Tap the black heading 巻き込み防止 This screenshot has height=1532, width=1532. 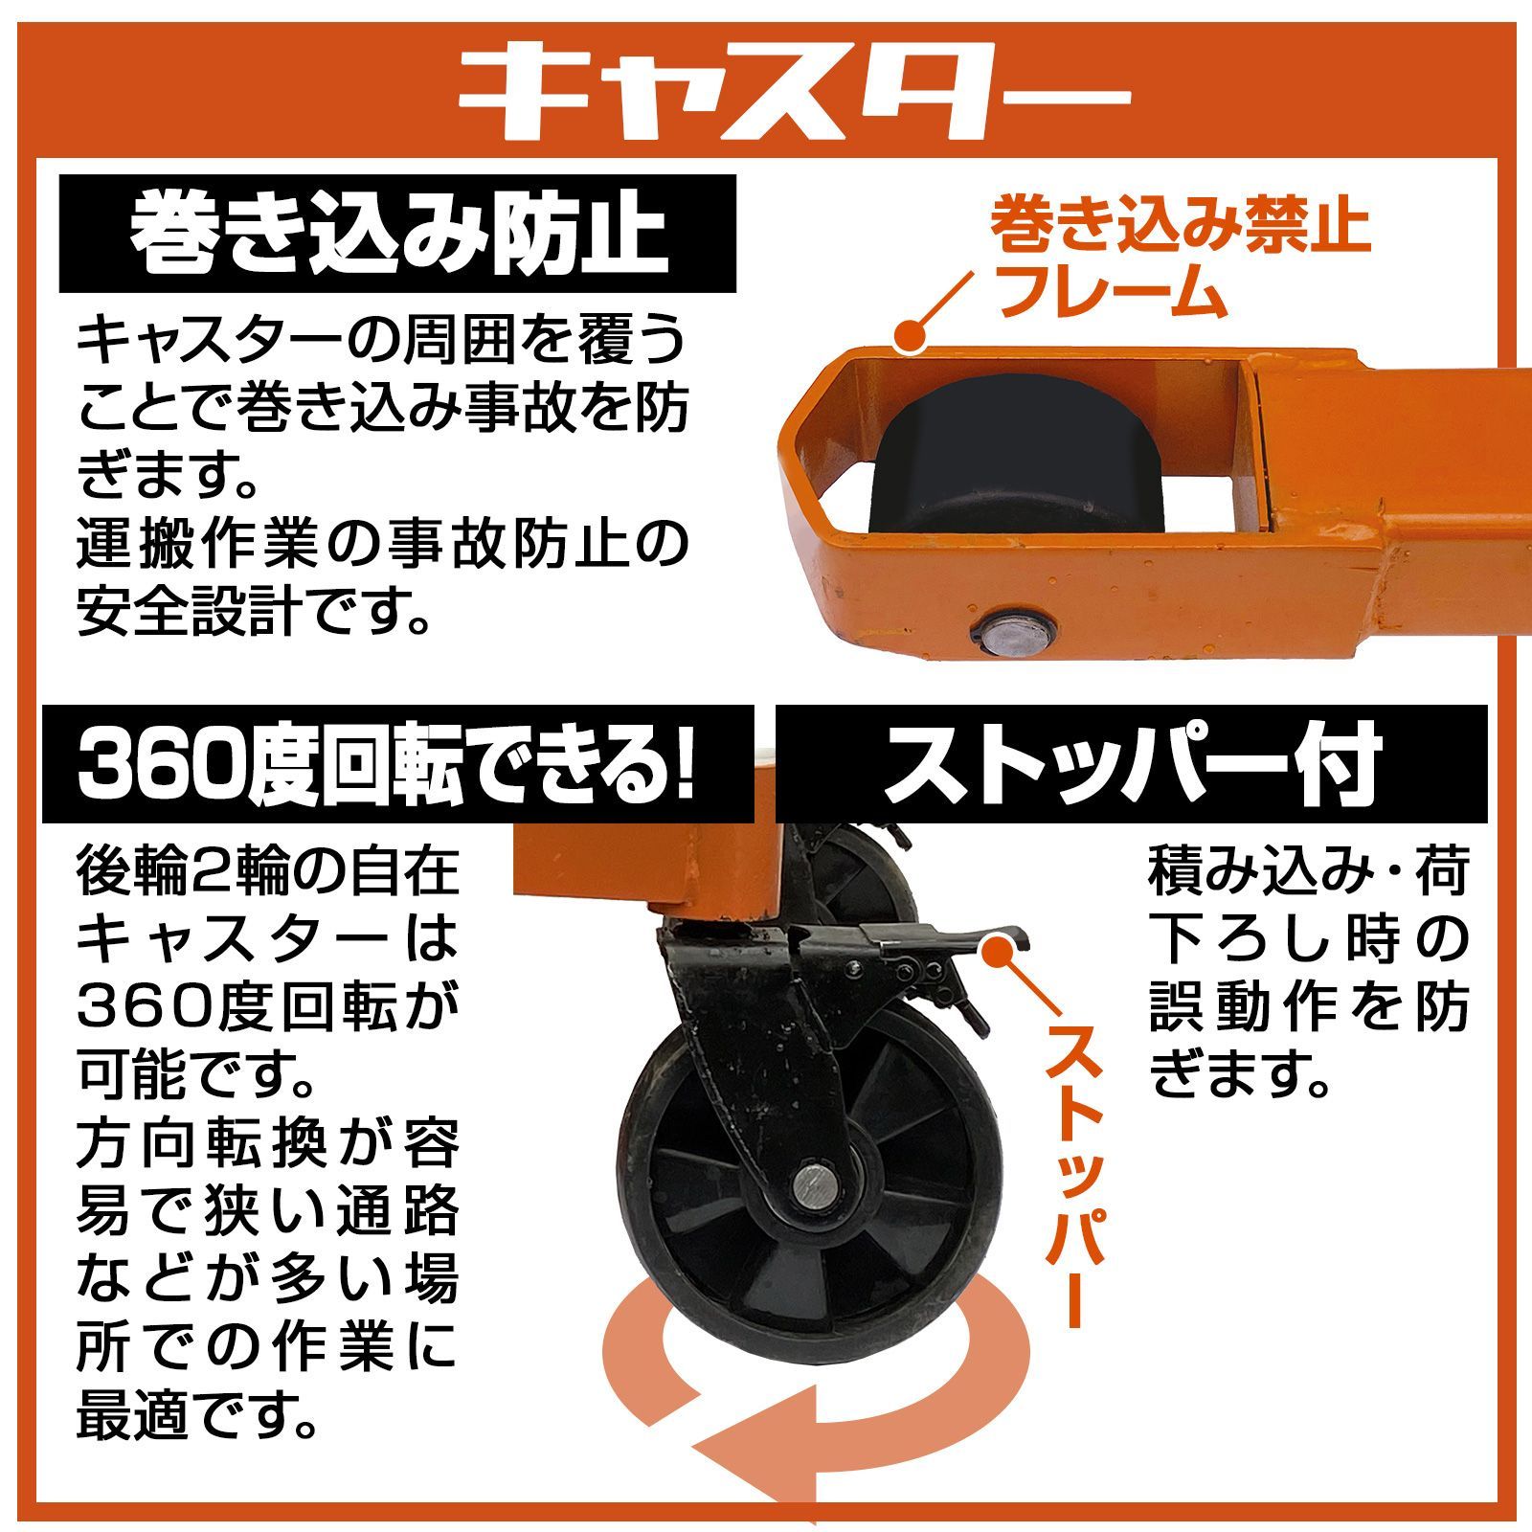click(397, 233)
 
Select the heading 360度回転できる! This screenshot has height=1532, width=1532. click(387, 764)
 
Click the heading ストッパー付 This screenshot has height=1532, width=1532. click(1130, 764)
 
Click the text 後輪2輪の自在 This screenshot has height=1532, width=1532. click(268, 873)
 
